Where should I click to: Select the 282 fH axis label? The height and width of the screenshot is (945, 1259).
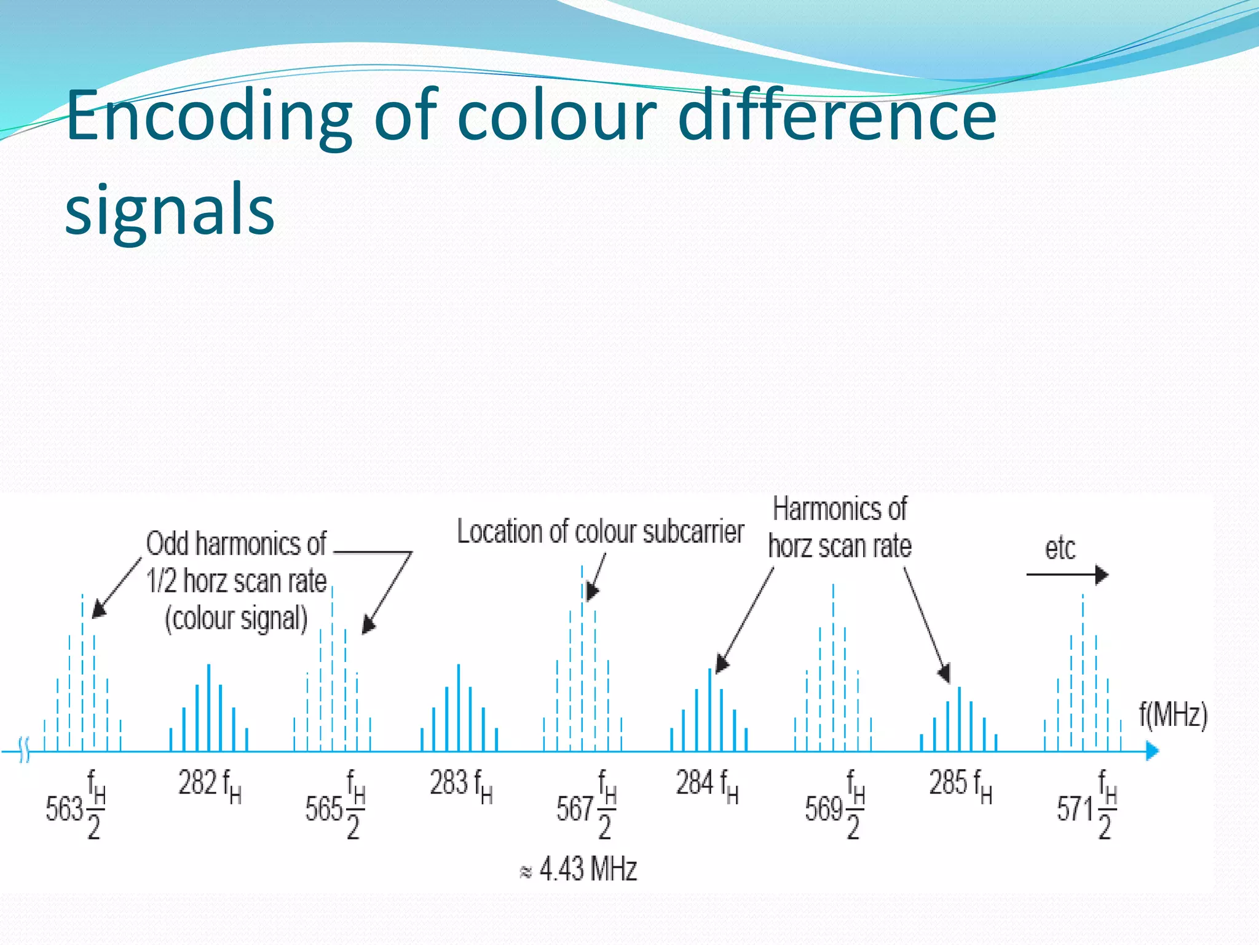coord(210,786)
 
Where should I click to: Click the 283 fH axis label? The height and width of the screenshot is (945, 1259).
coord(461,786)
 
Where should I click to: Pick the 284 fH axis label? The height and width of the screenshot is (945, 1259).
coord(707,786)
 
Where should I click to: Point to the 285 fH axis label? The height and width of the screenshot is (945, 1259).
coord(960,786)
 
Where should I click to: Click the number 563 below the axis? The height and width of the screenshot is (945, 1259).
coord(64,809)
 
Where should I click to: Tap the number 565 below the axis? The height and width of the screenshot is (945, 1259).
coord(324,809)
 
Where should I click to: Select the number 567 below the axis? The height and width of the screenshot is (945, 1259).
coord(575,809)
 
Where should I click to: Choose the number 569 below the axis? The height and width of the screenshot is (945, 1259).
coord(824,809)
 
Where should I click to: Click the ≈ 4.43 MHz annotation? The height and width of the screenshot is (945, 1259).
coord(579,869)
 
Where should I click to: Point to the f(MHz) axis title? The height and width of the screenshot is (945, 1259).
coord(1173,715)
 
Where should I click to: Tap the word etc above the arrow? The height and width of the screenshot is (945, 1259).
coord(1060,548)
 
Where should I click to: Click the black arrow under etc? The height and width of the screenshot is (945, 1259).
coord(1067,575)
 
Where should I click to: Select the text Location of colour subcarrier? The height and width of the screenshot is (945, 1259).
coord(600,532)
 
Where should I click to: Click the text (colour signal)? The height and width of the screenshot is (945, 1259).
coord(236,618)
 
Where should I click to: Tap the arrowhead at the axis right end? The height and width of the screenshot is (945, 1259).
coord(1152,751)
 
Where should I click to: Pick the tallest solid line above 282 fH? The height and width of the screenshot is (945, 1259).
coord(209,708)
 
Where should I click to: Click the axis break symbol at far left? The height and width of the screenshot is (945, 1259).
coord(24,751)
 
